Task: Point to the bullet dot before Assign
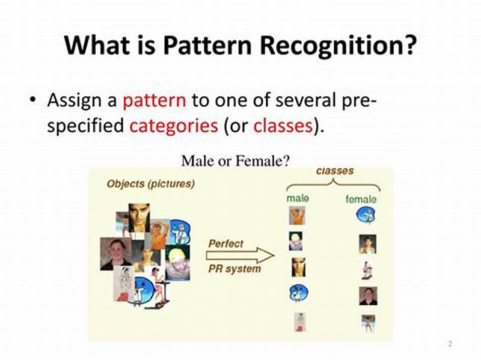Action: pyautogui.click(x=33, y=100)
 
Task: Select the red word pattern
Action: pyautogui.click(x=155, y=99)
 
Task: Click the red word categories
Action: pyautogui.click(x=174, y=126)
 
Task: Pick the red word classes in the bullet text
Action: pyautogui.click(x=283, y=126)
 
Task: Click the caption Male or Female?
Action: pyautogui.click(x=236, y=160)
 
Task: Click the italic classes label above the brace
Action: pyautogui.click(x=335, y=171)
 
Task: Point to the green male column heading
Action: pyautogui.click(x=298, y=198)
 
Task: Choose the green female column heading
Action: pyautogui.click(x=361, y=199)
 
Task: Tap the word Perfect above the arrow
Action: pyautogui.click(x=225, y=244)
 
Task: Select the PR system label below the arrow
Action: pyautogui.click(x=234, y=269)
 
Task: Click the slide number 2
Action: pyautogui.click(x=449, y=344)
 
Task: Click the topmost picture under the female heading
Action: pyautogui.click(x=366, y=215)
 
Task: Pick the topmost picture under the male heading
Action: pyautogui.click(x=297, y=215)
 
